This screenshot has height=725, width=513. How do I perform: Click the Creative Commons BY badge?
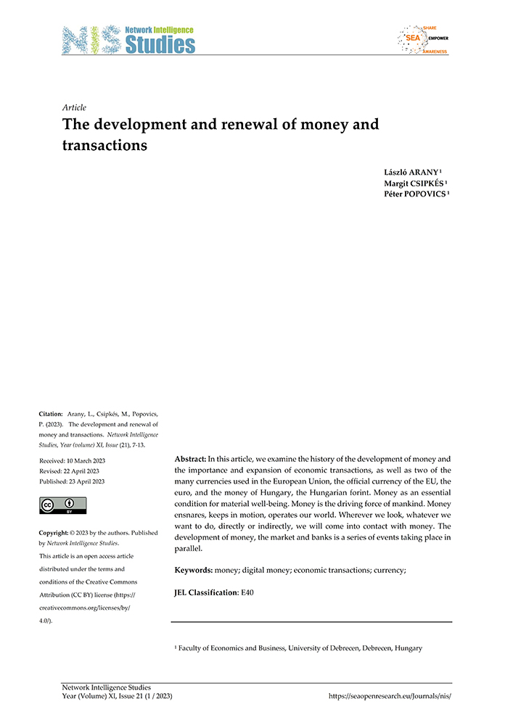(62, 505)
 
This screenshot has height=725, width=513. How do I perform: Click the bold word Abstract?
(190, 459)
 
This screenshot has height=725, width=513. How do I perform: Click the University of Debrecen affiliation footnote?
(298, 648)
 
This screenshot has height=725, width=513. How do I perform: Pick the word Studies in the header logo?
(160, 45)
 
